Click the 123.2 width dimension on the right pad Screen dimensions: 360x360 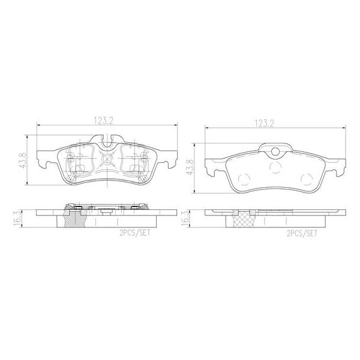264,124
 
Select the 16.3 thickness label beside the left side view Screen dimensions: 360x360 18,218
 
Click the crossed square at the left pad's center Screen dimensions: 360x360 108,160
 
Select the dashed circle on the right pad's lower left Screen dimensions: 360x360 245,178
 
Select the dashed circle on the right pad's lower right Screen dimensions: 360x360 306,178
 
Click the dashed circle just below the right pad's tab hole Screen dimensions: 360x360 275,167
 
